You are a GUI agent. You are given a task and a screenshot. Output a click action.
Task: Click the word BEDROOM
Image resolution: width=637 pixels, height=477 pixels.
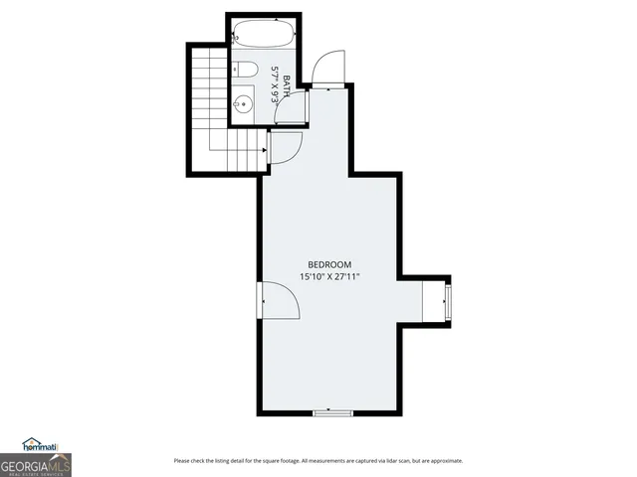coord(329,263)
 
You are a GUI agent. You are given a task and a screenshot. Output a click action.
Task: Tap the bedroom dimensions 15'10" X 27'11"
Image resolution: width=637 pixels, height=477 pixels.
coord(329,277)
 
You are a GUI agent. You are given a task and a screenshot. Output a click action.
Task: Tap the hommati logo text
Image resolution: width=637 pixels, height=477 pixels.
coord(39,446)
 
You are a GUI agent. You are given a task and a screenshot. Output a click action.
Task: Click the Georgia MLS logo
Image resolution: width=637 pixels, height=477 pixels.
coord(36,464)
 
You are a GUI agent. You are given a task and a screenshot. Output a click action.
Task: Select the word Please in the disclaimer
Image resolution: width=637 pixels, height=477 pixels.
coord(182,460)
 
